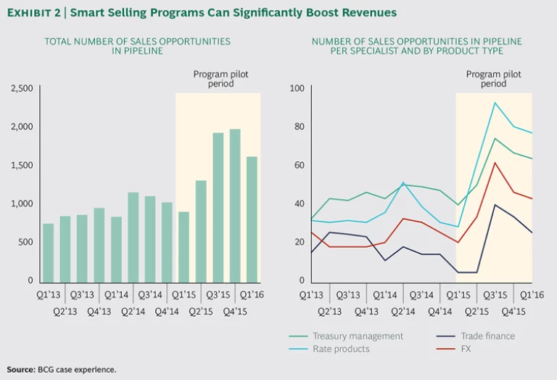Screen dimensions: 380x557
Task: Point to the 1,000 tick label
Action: click(22, 203)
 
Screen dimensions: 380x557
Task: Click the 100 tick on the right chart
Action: click(296, 89)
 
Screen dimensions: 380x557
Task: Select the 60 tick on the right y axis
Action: click(297, 165)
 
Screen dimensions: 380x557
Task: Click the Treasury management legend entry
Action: click(358, 336)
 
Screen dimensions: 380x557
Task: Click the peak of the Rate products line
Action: click(495, 102)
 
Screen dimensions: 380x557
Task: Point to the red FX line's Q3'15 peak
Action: click(495, 162)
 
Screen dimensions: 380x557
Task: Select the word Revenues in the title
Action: click(371, 12)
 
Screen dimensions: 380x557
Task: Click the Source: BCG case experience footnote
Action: click(62, 370)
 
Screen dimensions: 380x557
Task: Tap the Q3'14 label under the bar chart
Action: click(150, 295)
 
